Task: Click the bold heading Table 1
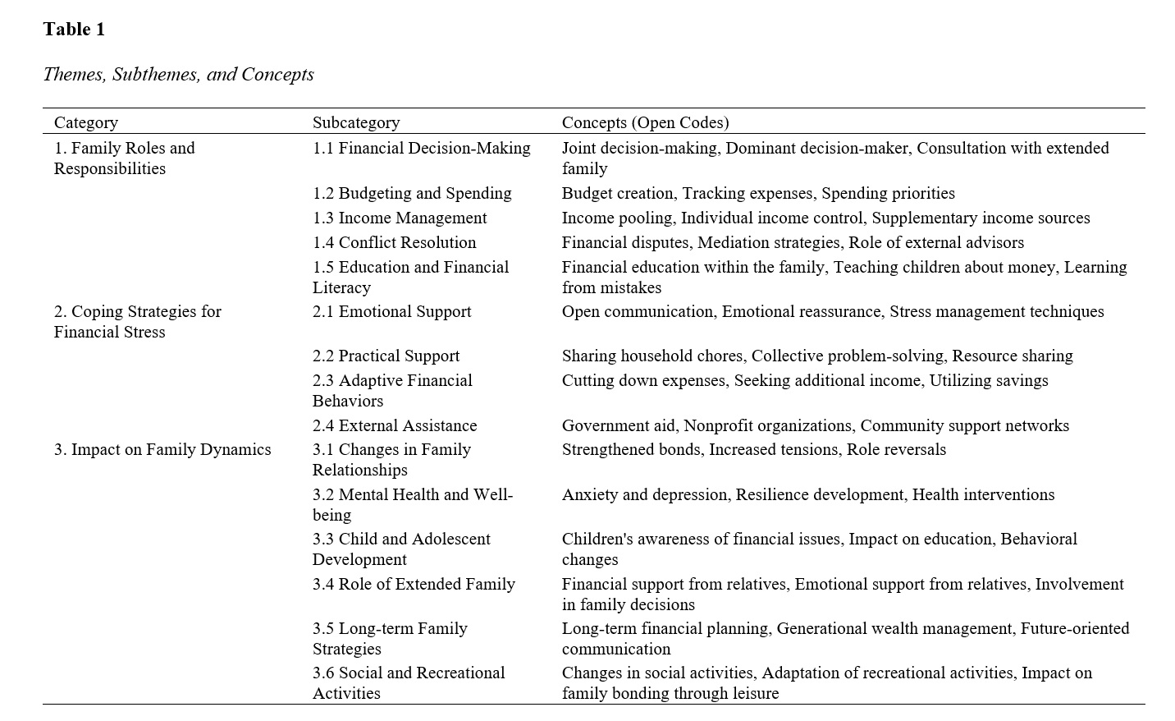74,30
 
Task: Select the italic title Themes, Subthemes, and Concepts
178,74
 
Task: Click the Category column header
86,122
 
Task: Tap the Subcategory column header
356,122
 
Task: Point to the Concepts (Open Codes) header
645,122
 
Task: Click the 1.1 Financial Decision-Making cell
421,148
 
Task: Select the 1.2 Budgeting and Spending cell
412,193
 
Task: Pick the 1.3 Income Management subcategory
400,218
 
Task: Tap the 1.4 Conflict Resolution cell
394,242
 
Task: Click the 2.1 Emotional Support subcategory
391,311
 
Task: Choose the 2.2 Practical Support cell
386,356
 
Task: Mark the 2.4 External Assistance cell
395,425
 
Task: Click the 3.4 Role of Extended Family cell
414,584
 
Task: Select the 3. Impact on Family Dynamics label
162,449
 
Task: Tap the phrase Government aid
620,425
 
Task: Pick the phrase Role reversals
896,449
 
